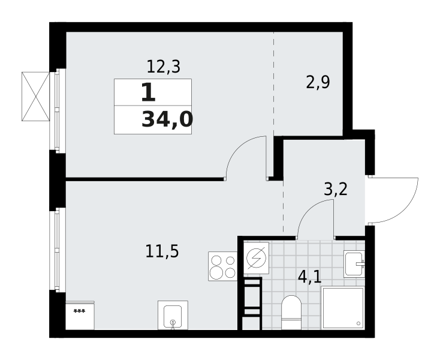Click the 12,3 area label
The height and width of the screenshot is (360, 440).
click(x=163, y=67)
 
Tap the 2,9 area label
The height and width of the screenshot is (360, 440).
click(x=318, y=82)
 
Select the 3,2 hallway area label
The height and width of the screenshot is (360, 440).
click(x=336, y=189)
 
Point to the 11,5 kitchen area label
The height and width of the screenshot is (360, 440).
click(x=162, y=251)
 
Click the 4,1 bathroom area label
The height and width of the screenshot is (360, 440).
click(x=309, y=277)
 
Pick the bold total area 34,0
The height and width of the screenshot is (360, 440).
click(x=167, y=119)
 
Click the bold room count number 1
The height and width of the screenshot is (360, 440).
click(x=148, y=92)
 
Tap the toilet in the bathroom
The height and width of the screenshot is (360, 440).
click(x=291, y=312)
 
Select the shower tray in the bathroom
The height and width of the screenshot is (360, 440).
click(x=343, y=308)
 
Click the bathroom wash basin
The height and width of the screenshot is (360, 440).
click(x=354, y=264)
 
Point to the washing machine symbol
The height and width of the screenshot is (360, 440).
click(x=256, y=258)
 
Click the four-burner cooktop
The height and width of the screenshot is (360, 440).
click(x=222, y=266)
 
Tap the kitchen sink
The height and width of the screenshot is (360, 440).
click(x=173, y=315)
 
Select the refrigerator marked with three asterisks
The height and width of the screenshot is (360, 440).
click(x=80, y=316)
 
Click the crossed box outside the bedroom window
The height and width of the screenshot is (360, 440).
click(x=35, y=97)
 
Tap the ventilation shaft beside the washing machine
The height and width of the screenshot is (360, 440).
click(x=252, y=303)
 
